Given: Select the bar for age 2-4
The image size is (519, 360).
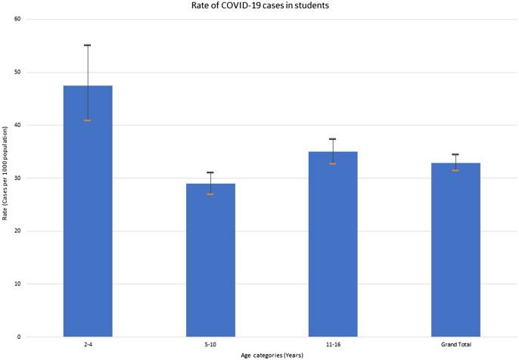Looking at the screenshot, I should [88, 212].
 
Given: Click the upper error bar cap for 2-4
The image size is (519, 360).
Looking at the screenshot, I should [88, 45].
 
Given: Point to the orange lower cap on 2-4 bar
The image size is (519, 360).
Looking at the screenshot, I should [88, 120].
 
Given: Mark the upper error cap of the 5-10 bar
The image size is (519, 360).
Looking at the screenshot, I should [210, 172].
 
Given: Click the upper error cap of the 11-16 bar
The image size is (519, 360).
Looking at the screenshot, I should [333, 139].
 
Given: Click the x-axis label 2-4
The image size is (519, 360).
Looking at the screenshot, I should [88, 344].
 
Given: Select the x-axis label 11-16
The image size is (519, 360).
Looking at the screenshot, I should [333, 344].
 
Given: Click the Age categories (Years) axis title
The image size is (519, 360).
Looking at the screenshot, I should [259, 354].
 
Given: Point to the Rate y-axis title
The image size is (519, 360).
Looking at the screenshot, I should [5, 178].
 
